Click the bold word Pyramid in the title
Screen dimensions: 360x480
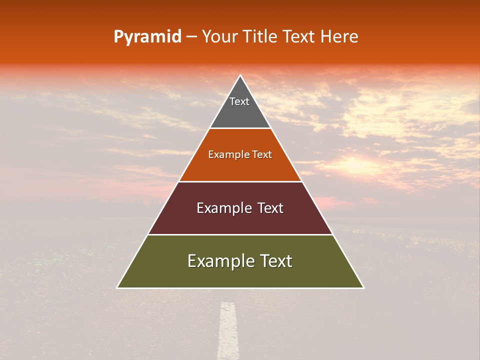147,37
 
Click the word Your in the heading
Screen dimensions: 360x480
220,37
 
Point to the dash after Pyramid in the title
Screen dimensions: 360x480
191,37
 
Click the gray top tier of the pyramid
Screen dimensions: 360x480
240,112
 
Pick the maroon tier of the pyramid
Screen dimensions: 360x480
240,220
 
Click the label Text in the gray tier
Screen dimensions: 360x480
239,101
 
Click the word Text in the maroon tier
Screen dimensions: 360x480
270,208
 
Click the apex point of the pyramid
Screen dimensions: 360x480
240,75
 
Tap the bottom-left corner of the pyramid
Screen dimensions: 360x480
117,287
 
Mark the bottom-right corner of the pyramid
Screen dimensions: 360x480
363,287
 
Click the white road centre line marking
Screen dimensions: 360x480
228,330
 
